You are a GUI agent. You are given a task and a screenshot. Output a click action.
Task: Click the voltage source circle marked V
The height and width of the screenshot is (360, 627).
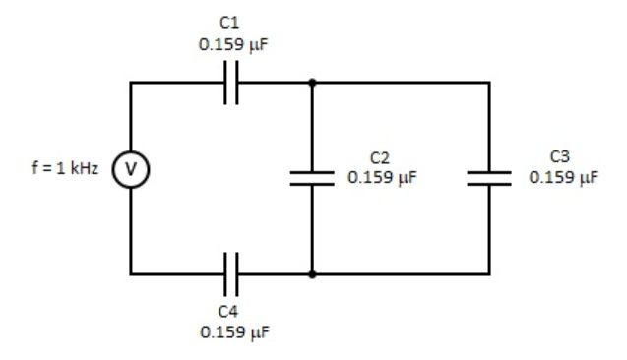(x=131, y=169)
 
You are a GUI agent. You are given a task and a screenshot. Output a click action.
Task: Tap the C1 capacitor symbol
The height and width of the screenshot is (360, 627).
(x=230, y=84)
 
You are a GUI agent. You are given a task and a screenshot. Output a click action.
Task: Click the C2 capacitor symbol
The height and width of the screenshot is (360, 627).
(x=312, y=178)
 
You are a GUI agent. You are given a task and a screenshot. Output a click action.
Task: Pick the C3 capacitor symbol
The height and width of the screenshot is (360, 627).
(x=489, y=178)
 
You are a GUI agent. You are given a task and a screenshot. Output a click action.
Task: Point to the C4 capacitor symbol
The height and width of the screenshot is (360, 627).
(x=230, y=273)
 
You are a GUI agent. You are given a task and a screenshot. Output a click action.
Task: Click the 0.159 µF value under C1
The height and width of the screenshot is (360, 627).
(x=230, y=44)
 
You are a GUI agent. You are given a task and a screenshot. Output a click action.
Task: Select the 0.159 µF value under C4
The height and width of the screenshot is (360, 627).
(x=230, y=332)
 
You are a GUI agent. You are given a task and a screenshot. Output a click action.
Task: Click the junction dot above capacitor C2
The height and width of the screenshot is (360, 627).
(x=312, y=84)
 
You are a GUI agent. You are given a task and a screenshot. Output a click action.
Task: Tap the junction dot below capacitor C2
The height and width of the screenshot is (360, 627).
(x=312, y=273)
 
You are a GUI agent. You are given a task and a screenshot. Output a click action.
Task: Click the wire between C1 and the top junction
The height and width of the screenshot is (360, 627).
(x=276, y=84)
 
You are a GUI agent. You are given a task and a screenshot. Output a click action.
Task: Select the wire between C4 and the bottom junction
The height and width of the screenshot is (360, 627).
(x=276, y=273)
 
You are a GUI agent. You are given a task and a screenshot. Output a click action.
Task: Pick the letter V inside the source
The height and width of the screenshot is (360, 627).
(x=131, y=169)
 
